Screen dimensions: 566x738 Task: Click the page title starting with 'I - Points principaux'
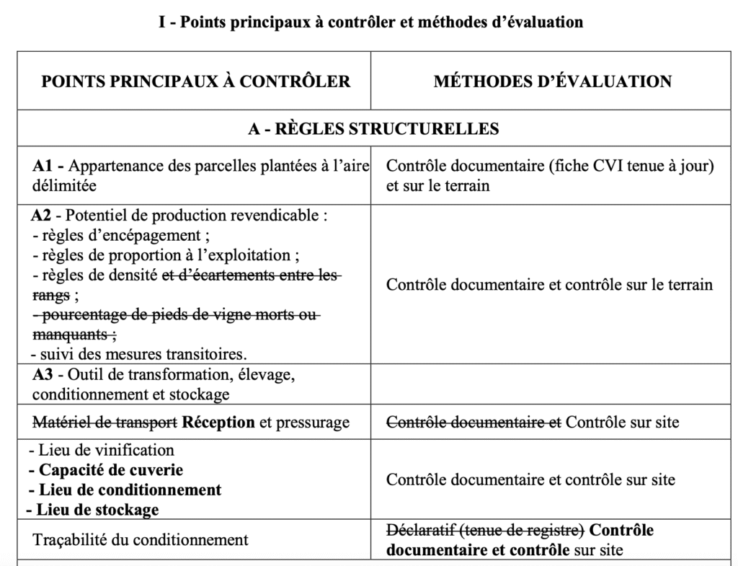(x=370, y=22)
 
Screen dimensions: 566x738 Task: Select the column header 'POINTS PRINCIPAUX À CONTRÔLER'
(x=196, y=81)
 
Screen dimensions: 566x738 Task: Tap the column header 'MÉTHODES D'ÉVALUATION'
(x=552, y=81)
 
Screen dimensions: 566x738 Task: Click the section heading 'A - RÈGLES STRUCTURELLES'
(x=373, y=129)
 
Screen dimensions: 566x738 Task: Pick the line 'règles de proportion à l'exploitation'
(x=166, y=255)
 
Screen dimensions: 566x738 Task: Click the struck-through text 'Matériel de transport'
(x=105, y=423)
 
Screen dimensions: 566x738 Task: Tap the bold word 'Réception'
(x=218, y=423)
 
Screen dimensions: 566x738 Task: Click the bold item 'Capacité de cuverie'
(x=106, y=470)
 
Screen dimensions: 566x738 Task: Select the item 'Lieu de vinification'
(x=102, y=451)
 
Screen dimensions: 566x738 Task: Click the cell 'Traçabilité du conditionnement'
(x=141, y=540)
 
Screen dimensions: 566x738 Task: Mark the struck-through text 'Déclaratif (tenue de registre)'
(x=485, y=531)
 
